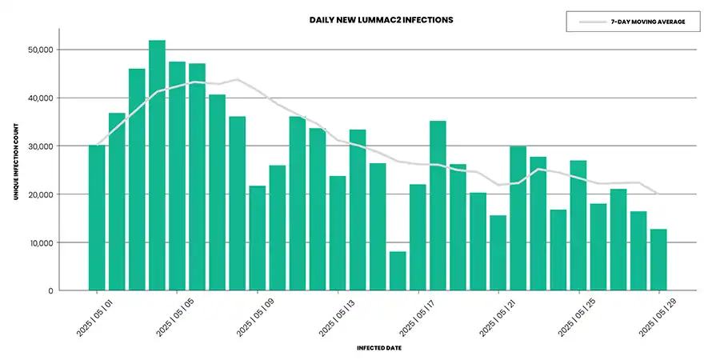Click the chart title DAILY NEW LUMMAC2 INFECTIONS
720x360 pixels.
click(x=382, y=19)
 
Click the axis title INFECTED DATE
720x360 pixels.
click(x=379, y=348)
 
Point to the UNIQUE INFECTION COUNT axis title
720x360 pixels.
click(x=17, y=166)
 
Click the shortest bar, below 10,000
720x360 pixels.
click(x=398, y=271)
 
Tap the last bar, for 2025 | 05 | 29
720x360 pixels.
click(x=658, y=260)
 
